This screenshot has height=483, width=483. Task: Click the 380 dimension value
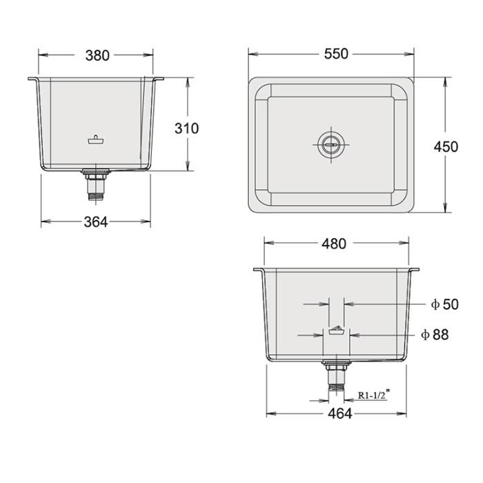97,55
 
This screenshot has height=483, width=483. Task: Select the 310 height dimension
186,128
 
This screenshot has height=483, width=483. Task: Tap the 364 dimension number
95,222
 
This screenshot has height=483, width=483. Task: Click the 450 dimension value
445,147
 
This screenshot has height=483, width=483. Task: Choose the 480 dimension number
333,243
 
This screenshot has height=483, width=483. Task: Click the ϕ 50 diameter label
444,304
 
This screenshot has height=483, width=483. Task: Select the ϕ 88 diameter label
435,335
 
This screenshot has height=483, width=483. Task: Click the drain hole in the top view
330,144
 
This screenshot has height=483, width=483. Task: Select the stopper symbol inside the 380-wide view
97,139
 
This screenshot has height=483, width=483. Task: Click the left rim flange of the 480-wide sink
259,270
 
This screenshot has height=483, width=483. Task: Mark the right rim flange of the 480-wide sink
413,270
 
